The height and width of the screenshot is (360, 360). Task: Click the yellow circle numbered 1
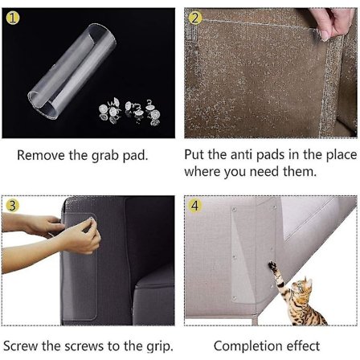tap(13, 18)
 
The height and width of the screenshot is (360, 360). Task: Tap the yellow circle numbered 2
tap(195, 18)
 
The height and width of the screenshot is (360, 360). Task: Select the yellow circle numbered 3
tap(12, 206)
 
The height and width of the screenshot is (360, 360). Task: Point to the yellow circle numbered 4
tap(195, 206)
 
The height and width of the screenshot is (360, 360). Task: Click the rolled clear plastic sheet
tap(72, 71)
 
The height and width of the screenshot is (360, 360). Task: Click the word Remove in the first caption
tap(41, 155)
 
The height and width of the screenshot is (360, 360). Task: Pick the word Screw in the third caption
tap(21, 346)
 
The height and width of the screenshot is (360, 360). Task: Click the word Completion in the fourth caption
tap(248, 346)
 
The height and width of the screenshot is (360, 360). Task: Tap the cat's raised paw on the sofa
tap(272, 265)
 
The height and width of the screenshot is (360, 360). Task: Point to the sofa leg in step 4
tap(254, 320)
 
